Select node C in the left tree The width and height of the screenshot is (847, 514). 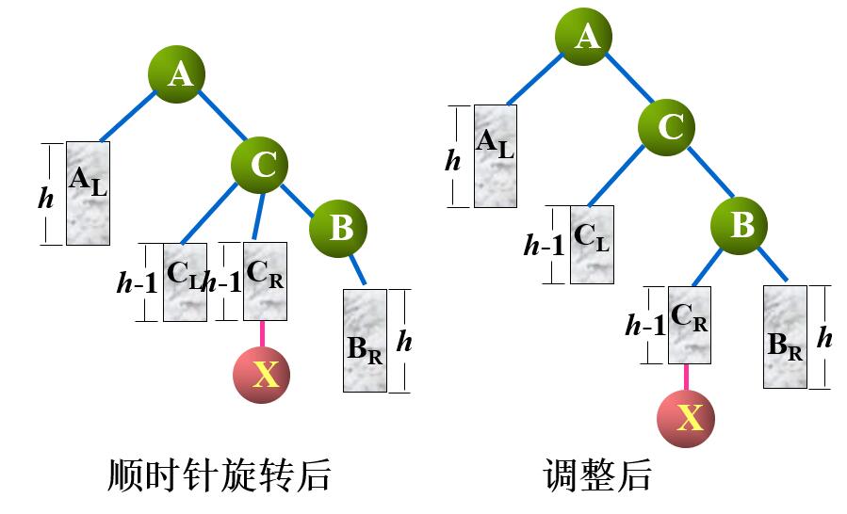(x=260, y=166)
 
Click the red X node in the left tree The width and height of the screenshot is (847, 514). (x=262, y=374)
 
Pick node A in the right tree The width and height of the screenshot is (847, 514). (x=586, y=36)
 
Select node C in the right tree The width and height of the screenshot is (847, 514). (x=668, y=126)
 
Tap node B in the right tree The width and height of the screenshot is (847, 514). (x=740, y=225)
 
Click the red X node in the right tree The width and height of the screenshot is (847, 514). (x=686, y=416)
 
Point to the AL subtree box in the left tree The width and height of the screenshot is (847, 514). (x=88, y=193)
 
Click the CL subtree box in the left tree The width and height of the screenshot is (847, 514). (x=185, y=281)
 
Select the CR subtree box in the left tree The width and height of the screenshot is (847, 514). (x=265, y=281)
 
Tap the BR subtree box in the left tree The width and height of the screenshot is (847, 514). (x=365, y=340)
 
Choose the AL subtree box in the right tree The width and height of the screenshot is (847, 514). (x=496, y=155)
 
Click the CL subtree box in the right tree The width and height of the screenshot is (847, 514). (x=592, y=245)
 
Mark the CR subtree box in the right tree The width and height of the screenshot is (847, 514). (x=690, y=325)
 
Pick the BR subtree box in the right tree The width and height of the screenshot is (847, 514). (x=785, y=336)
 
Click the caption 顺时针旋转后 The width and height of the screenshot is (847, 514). (x=220, y=475)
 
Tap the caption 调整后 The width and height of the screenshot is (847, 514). (x=597, y=475)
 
